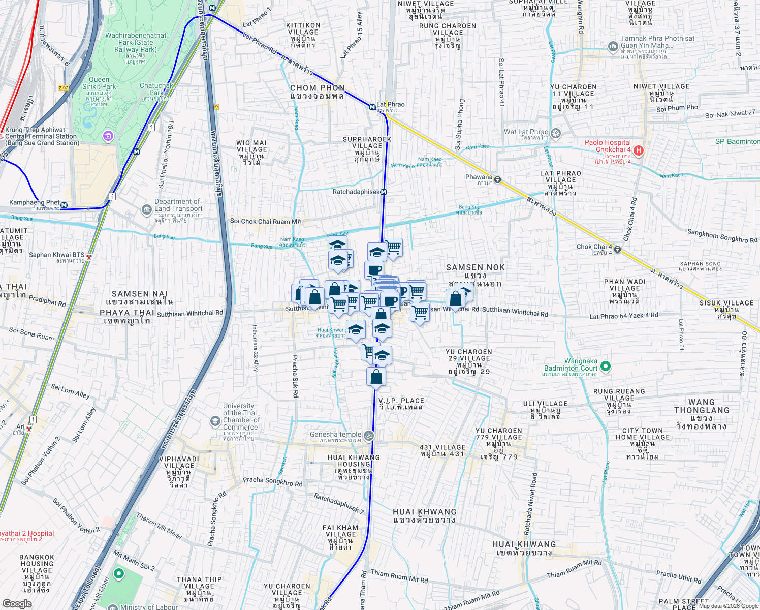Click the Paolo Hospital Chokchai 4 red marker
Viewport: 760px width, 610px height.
[639, 150]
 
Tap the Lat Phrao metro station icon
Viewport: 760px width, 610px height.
[372, 107]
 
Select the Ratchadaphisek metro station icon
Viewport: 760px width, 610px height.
[384, 192]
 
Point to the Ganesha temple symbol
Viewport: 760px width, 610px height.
[369, 435]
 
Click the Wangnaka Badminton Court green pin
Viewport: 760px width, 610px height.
[605, 366]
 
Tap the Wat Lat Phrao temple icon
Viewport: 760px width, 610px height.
[556, 134]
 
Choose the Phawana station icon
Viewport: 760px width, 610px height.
[497, 179]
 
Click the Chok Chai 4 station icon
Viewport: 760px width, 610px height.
[617, 249]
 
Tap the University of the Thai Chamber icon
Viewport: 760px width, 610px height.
[215, 421]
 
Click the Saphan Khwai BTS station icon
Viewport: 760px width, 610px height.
[89, 257]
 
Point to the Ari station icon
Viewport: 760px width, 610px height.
[29, 429]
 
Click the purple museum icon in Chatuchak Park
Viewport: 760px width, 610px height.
[108, 136]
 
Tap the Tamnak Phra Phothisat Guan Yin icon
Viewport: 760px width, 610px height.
[613, 47]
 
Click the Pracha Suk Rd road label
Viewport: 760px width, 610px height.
[295, 376]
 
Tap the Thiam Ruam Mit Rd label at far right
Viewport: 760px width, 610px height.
[574, 569]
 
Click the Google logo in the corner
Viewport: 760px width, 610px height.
[17, 604]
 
